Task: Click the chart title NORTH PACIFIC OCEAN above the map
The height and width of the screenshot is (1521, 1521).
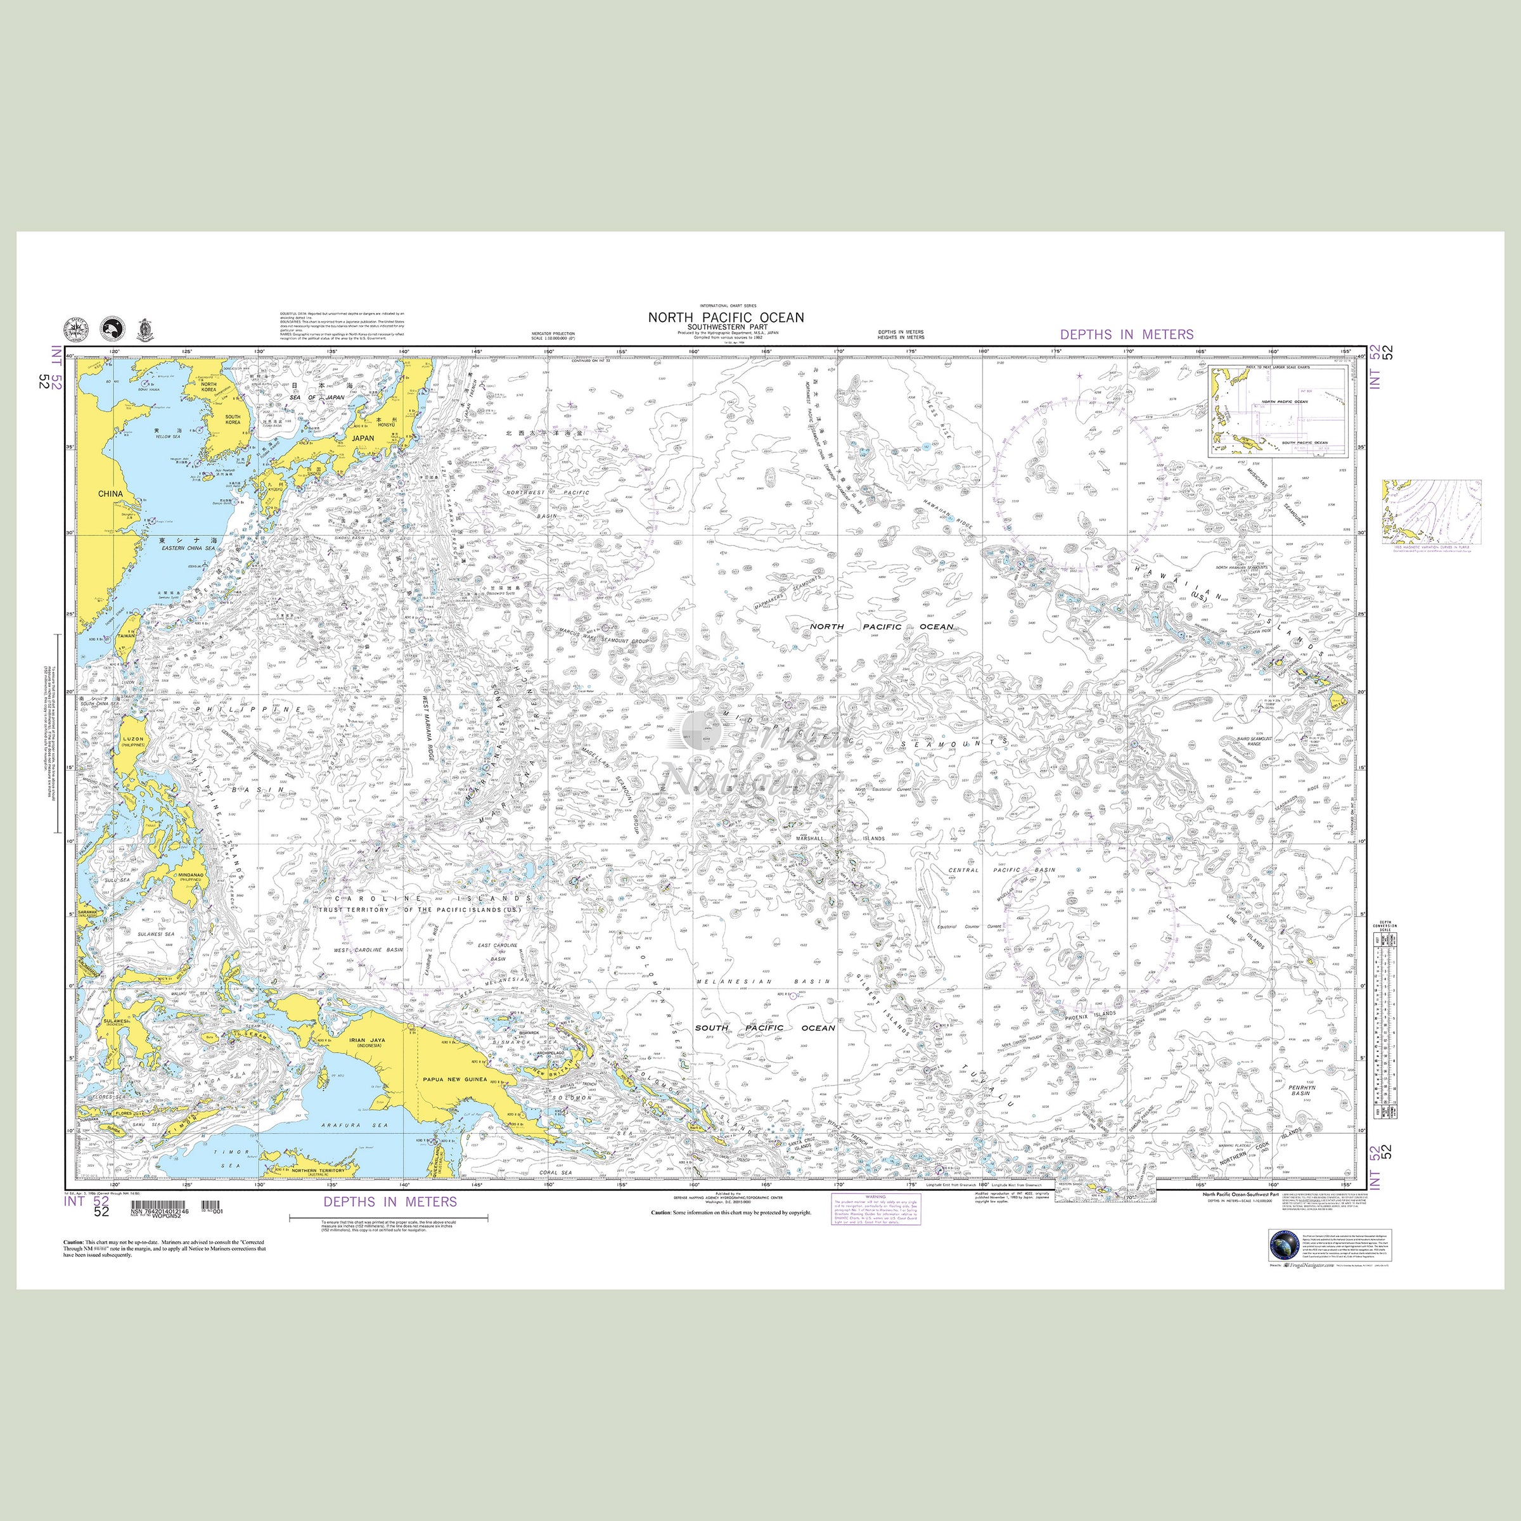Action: (x=726, y=318)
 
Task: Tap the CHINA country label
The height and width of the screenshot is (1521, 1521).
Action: (x=110, y=494)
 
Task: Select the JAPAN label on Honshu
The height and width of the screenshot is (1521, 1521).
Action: (x=363, y=438)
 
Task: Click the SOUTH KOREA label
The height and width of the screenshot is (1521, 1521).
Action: (x=233, y=420)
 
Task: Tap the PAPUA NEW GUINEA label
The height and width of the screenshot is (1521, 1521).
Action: (x=454, y=1079)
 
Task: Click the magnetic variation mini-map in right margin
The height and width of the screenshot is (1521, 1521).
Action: (x=1431, y=511)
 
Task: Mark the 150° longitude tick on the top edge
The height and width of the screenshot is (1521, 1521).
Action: (x=549, y=352)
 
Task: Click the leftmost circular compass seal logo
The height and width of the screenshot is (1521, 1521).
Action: (x=75, y=329)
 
